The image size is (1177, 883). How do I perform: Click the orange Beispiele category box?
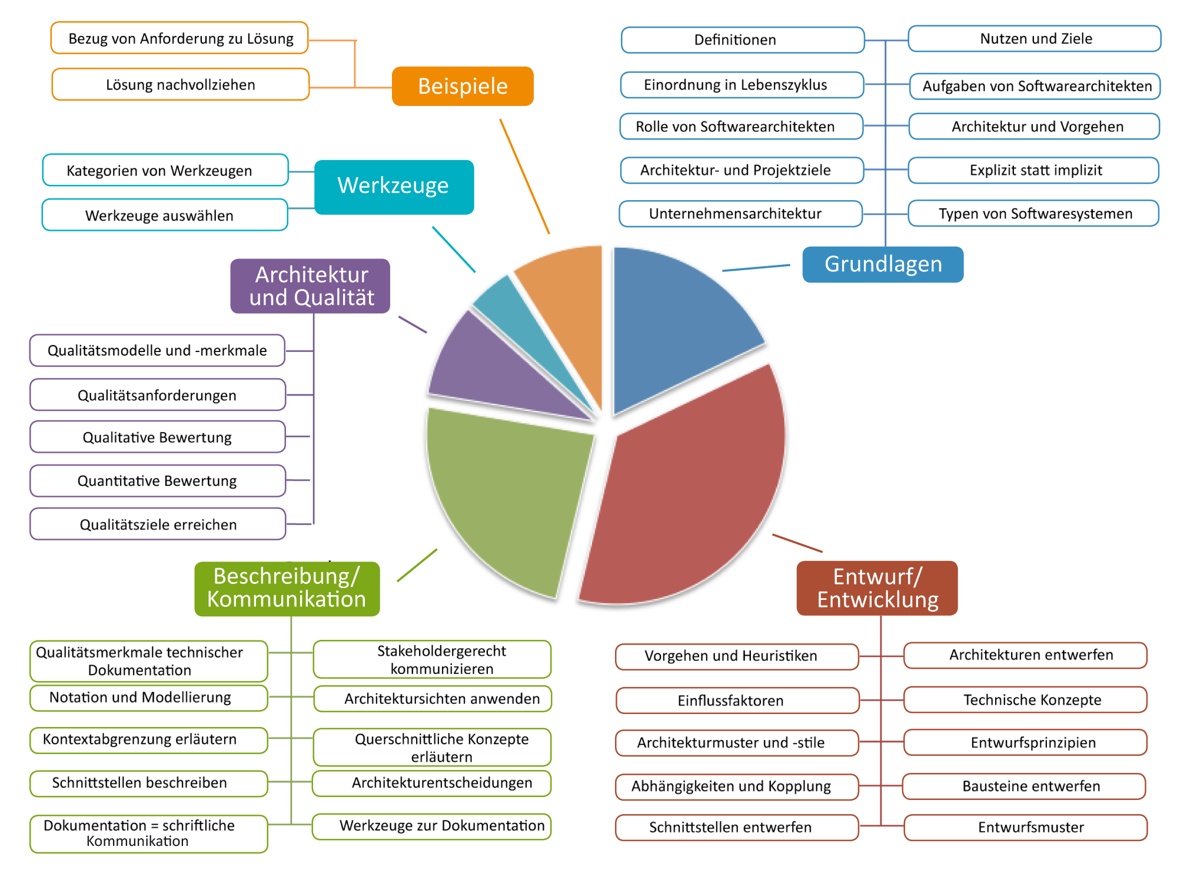[463, 86]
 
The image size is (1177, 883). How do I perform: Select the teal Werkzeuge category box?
[394, 186]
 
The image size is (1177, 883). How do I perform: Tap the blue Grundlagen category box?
[883, 264]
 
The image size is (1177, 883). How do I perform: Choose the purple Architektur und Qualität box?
[310, 286]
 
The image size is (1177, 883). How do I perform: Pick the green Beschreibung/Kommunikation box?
[287, 588]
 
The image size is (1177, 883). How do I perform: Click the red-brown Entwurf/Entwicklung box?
[877, 588]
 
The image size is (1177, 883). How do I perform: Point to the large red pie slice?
[689, 500]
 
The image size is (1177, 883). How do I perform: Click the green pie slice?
[506, 494]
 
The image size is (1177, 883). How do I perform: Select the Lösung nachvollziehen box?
[180, 85]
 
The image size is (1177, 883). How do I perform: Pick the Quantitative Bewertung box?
[157, 481]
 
